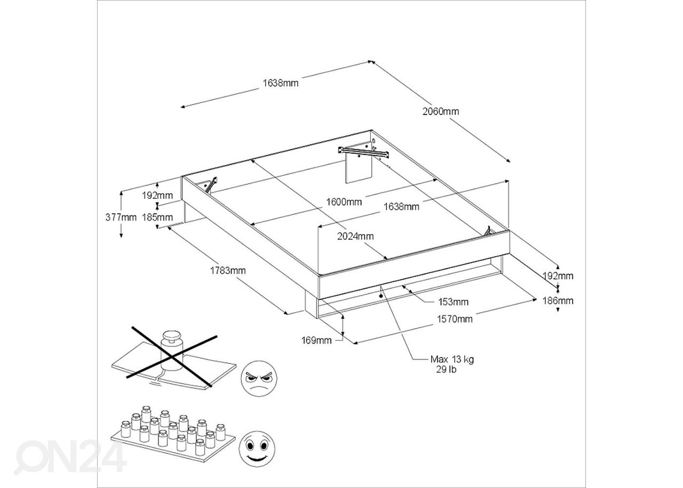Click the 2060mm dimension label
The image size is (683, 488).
441,111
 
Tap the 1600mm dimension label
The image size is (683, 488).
344,202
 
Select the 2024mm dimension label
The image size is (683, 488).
355,236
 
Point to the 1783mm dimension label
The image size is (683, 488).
228,270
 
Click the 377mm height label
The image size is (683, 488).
121,217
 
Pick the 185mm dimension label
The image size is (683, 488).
157,217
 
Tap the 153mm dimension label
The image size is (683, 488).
454,302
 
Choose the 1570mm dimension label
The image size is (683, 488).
455,319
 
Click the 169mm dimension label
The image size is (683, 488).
316,340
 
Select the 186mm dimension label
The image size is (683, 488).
558,301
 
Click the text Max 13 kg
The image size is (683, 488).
452,359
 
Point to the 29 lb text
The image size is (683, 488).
446,370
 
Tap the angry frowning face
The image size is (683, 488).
259,378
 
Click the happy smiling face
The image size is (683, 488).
257,449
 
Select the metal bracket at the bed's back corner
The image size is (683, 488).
363,152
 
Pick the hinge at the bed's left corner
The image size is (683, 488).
211,184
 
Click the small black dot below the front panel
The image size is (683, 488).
381,296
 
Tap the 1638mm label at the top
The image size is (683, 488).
281,83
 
